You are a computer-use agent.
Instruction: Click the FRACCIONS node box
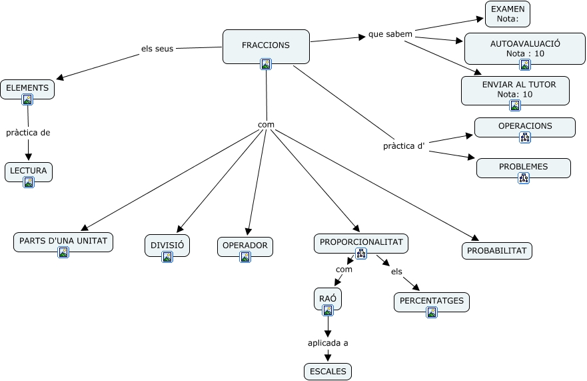(x=266, y=46)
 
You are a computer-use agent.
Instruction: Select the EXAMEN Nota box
(x=507, y=14)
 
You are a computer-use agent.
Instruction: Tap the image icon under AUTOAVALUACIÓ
(x=524, y=65)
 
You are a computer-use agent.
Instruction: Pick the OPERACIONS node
(x=524, y=127)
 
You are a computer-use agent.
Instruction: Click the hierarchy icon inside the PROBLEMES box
(x=523, y=178)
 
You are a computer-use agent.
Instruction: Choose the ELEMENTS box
(x=27, y=87)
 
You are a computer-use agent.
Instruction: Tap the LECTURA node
(x=28, y=171)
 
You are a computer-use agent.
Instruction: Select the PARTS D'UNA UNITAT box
(x=63, y=242)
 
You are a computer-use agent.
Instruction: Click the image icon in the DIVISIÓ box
(x=167, y=257)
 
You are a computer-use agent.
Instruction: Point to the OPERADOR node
(x=245, y=246)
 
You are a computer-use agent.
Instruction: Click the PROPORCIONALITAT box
(x=361, y=243)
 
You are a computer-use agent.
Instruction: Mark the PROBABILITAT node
(x=496, y=250)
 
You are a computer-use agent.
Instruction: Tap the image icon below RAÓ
(x=327, y=310)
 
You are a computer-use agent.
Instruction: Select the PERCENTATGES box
(x=432, y=302)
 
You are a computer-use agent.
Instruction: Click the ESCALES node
(x=327, y=372)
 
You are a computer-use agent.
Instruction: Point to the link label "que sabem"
(x=390, y=34)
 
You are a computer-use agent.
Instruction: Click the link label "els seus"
(x=157, y=49)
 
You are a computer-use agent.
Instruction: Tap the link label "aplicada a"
(x=328, y=343)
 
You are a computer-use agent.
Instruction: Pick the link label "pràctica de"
(x=28, y=132)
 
